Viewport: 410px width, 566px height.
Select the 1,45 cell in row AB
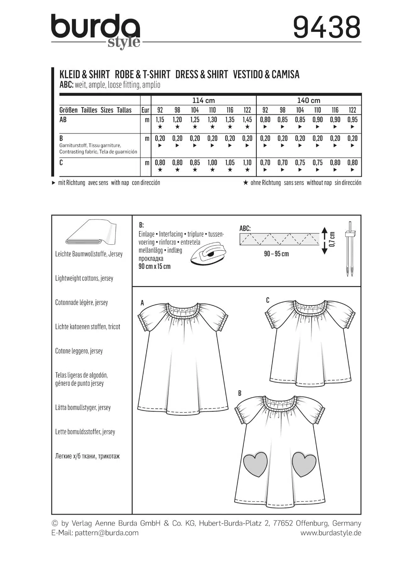(247, 120)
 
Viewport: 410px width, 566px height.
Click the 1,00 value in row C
(212, 163)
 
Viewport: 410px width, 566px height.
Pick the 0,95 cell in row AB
(352, 120)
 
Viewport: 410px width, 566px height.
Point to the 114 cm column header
(204, 101)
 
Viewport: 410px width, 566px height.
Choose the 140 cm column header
(309, 101)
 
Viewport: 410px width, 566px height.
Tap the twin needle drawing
(350, 250)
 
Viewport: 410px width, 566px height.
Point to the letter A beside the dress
(142, 303)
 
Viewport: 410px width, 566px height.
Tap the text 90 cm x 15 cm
(154, 267)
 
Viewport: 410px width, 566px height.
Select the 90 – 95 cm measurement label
(276, 254)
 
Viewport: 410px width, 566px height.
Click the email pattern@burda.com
(107, 533)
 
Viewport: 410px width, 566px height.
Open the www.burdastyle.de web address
(331, 533)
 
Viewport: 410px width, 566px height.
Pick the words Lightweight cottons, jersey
(84, 278)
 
